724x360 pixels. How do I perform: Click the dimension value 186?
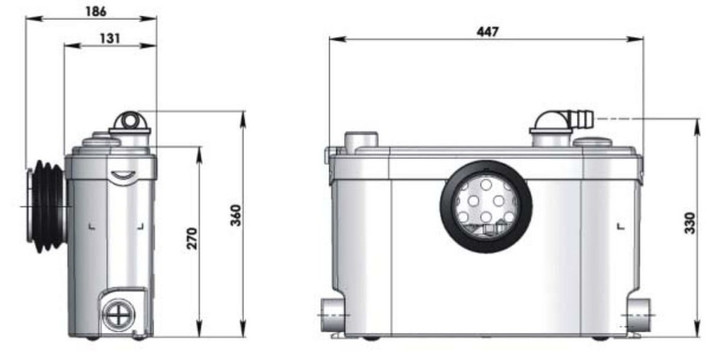coord(92,12)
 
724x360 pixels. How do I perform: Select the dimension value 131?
coord(110,38)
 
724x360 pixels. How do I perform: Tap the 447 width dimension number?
coord(487,32)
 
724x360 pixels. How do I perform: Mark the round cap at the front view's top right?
coord(592,142)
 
